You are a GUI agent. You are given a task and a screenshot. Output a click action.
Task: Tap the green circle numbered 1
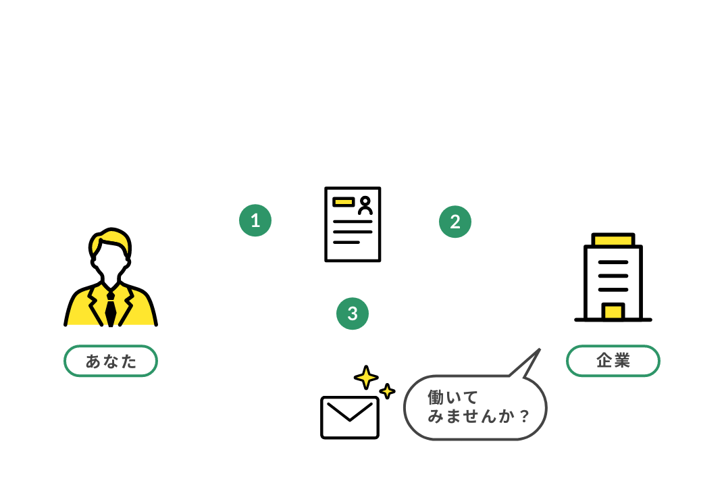pos(255,220)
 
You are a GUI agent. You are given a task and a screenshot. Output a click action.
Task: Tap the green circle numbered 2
pos(455,222)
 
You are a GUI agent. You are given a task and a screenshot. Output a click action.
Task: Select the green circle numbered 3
pos(352,313)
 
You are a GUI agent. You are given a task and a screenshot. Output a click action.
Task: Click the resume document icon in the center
pos(353,224)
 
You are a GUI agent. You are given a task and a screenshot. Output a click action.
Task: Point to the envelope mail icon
pos(349,417)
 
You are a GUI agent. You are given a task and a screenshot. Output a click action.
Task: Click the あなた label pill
pos(111,361)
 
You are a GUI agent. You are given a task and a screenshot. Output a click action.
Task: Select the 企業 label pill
pos(613,361)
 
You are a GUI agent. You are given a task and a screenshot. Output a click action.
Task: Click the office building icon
pos(613,277)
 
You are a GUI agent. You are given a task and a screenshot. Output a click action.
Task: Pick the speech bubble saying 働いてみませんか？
pos(475,407)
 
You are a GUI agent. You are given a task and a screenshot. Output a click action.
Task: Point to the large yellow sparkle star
pos(365,378)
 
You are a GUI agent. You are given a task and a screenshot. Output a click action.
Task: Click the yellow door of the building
pos(613,311)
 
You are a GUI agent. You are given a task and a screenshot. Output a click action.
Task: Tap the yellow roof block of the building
pos(613,239)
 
